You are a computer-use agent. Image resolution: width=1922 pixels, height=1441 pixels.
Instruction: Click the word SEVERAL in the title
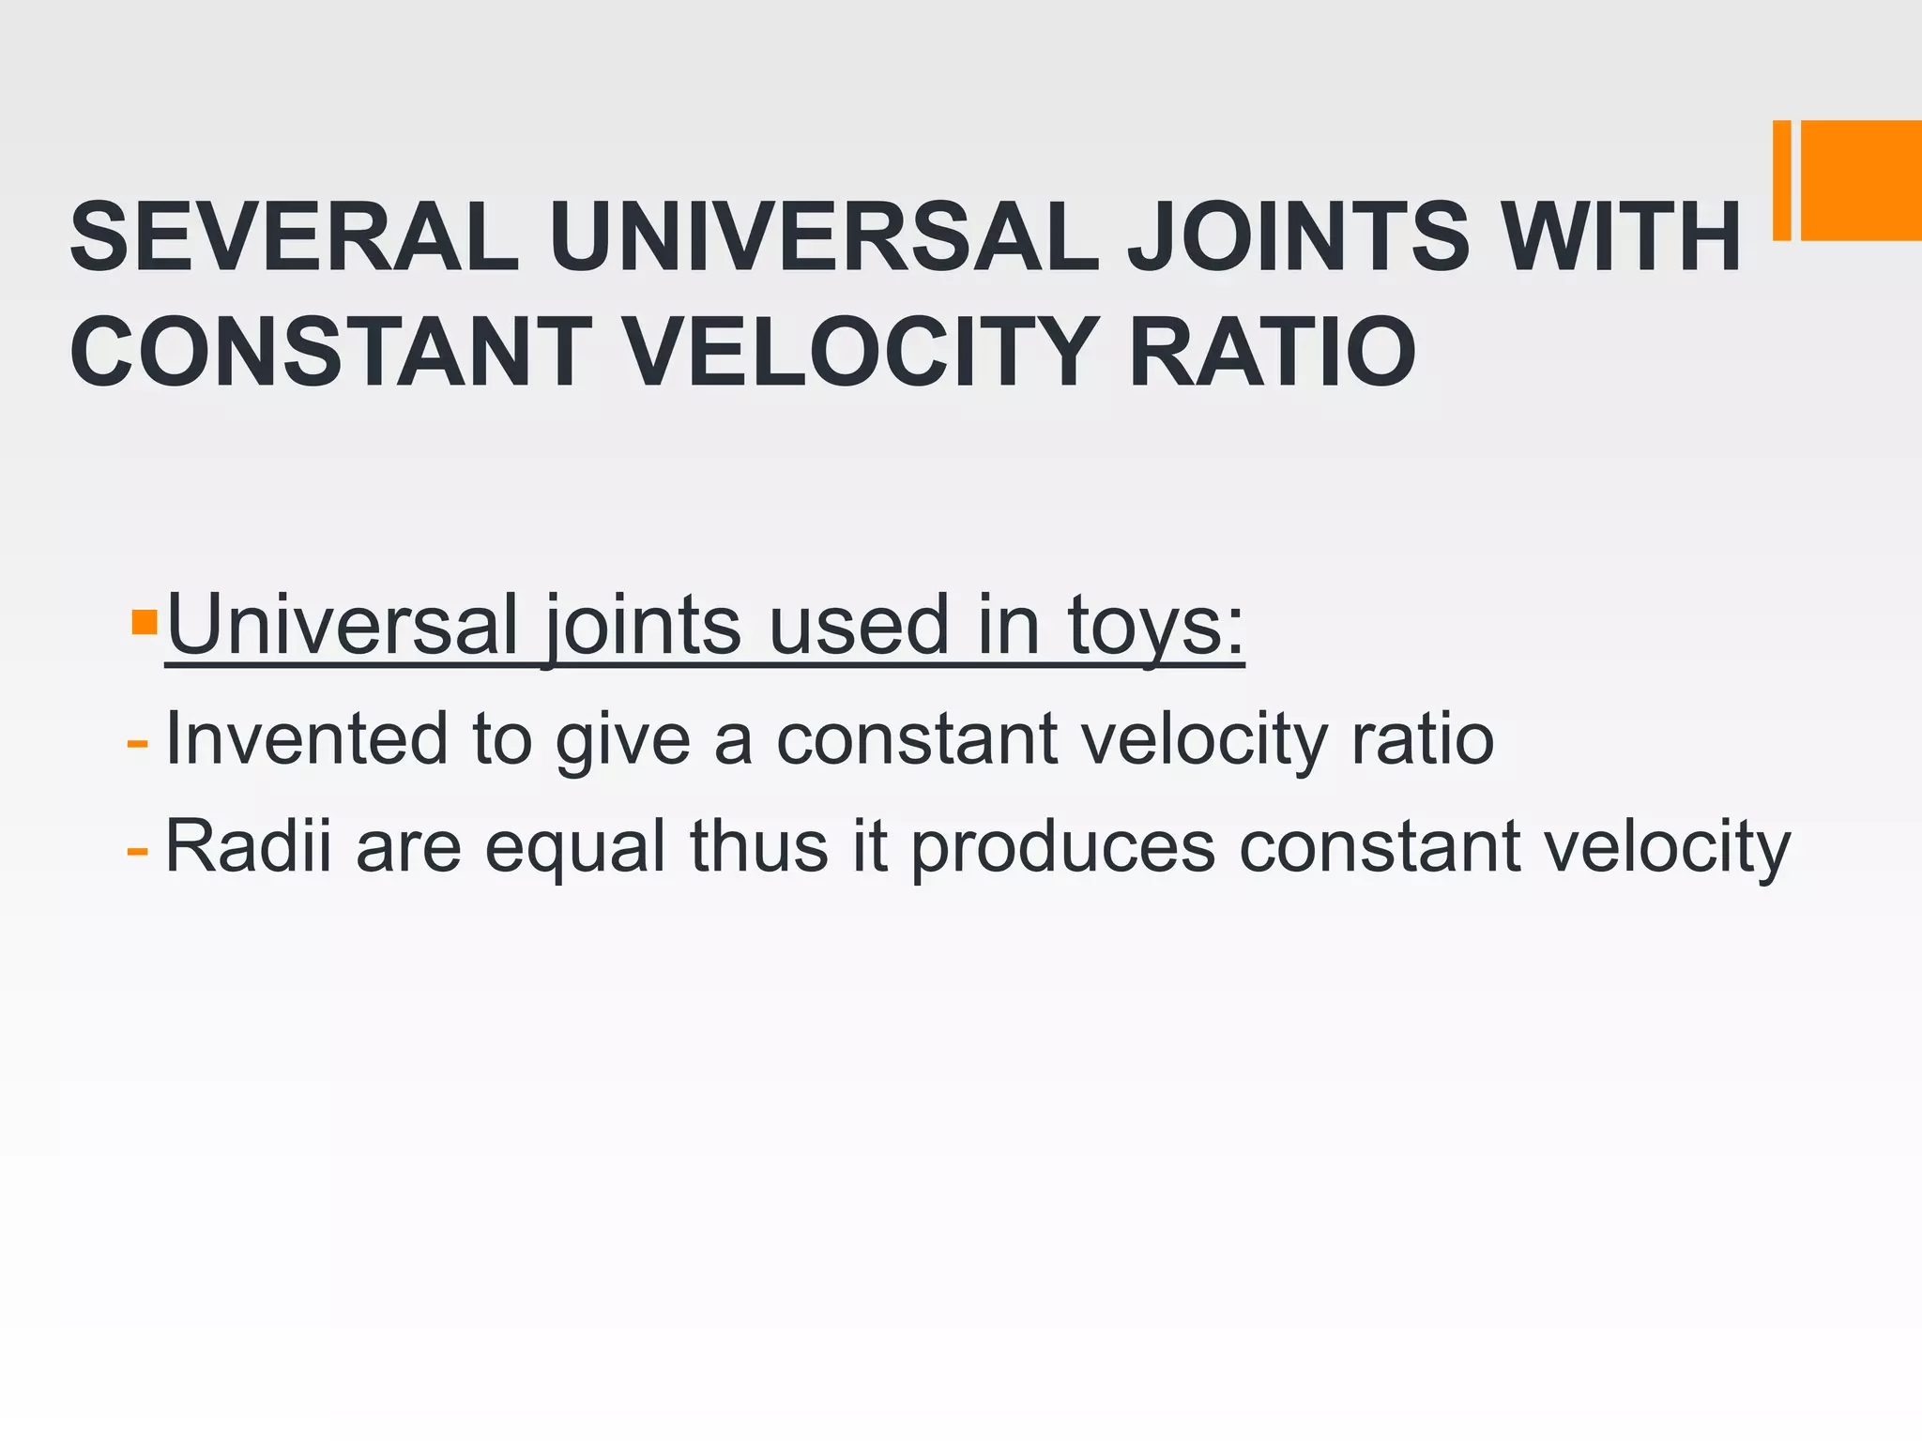[294, 236]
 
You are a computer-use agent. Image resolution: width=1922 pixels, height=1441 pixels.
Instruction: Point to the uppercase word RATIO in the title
[1272, 352]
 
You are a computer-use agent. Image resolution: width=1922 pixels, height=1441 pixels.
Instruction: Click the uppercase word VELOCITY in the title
[860, 352]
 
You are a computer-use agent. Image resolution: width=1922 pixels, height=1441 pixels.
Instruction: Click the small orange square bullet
[145, 622]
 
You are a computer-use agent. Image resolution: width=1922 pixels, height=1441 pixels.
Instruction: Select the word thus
[759, 846]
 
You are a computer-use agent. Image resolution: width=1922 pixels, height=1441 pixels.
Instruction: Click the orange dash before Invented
[137, 744]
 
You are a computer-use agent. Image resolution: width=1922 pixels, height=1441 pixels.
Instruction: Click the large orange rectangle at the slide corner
[1862, 180]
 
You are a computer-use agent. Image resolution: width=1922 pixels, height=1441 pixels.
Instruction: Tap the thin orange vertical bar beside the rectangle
[1781, 180]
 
